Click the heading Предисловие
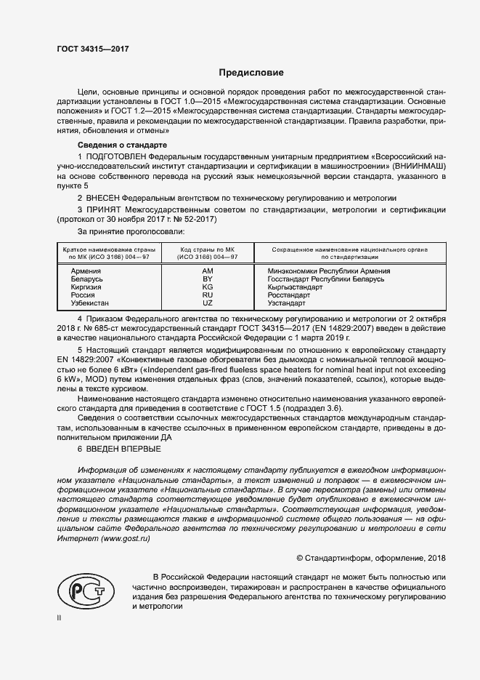point(251,73)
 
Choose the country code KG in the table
point(207,287)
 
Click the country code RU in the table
point(207,295)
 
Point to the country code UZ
point(207,303)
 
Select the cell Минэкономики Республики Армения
point(329,271)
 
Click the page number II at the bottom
point(60,618)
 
